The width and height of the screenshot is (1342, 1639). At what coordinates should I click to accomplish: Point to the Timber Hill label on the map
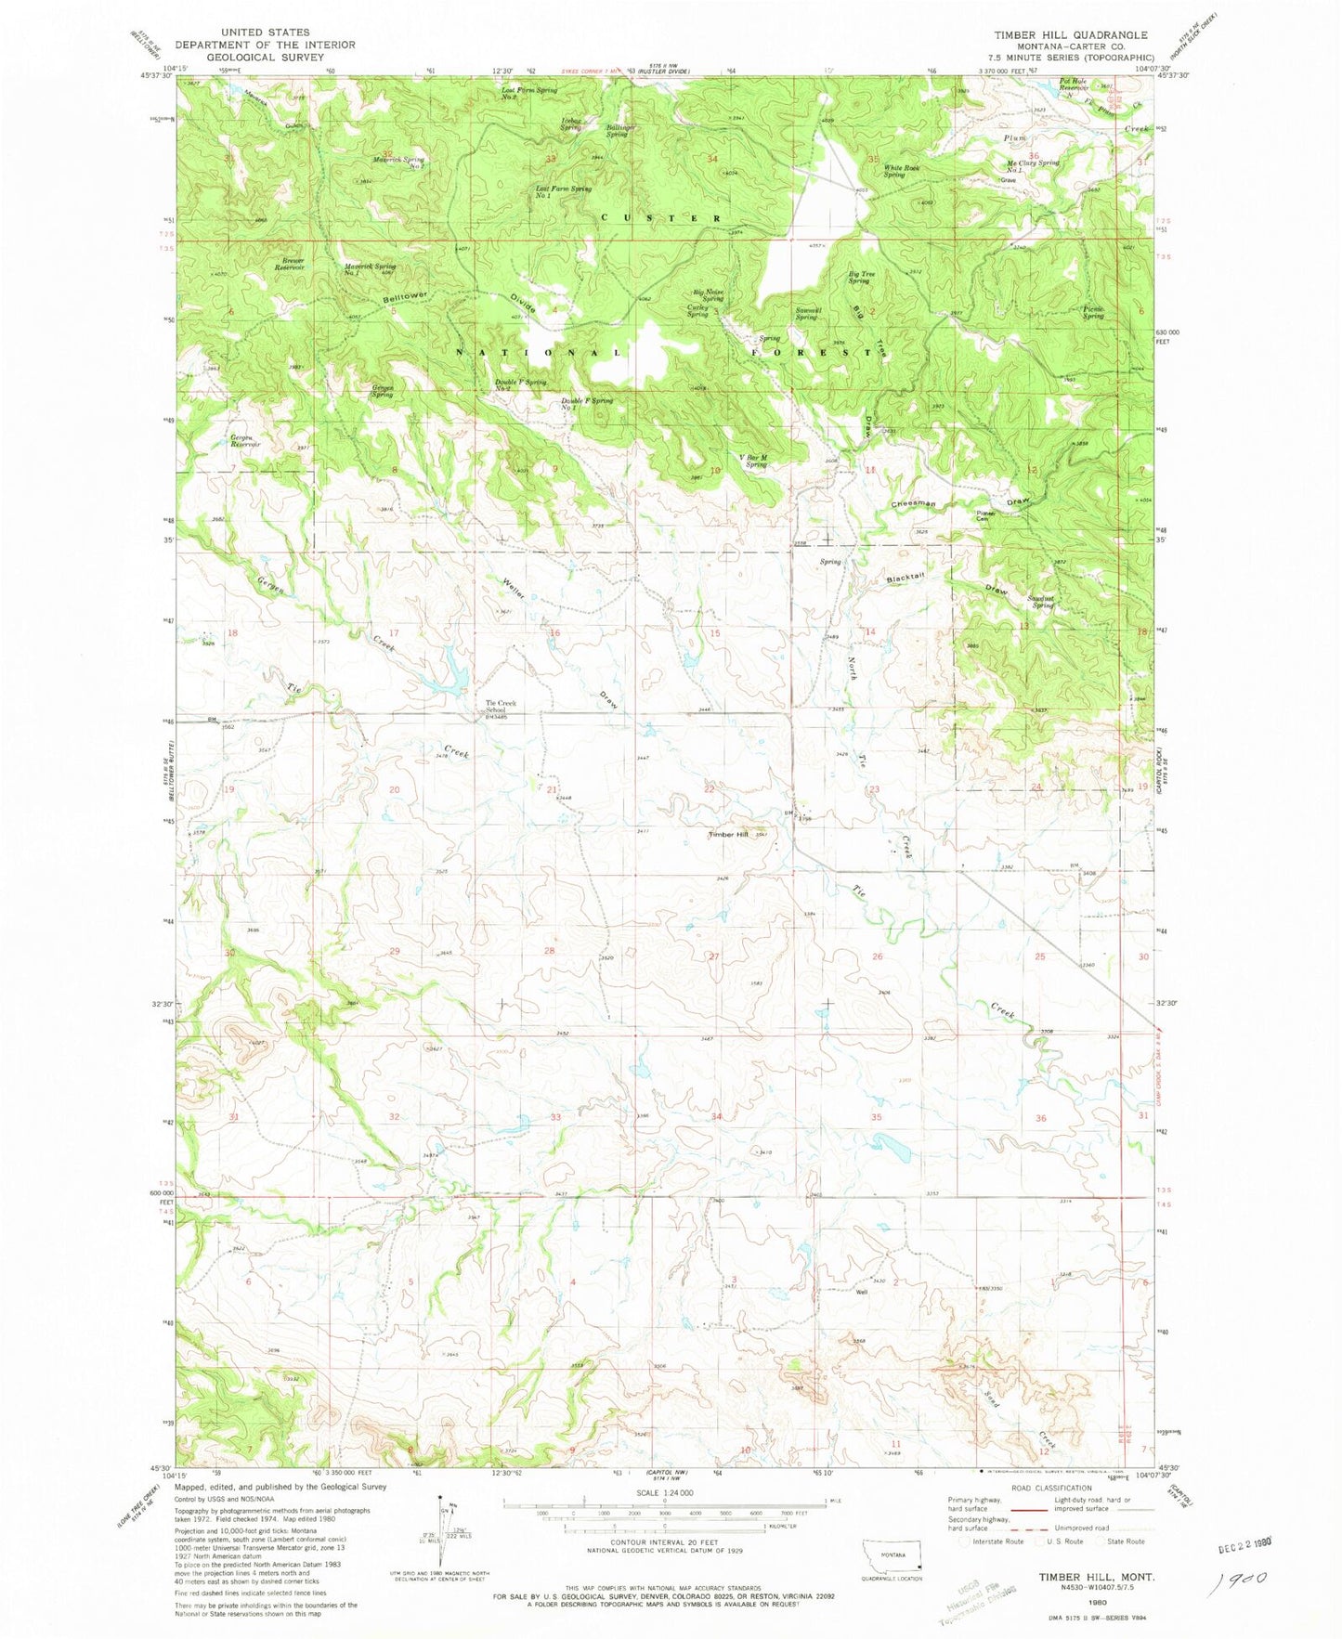[x=728, y=834]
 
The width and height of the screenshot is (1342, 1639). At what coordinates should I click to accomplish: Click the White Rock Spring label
[x=901, y=171]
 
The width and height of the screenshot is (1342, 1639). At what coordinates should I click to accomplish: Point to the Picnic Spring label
[x=1093, y=312]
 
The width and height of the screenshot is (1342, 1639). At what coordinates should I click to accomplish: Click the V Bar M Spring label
[x=754, y=461]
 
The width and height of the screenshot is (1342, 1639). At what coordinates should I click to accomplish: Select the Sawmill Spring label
[x=805, y=313]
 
